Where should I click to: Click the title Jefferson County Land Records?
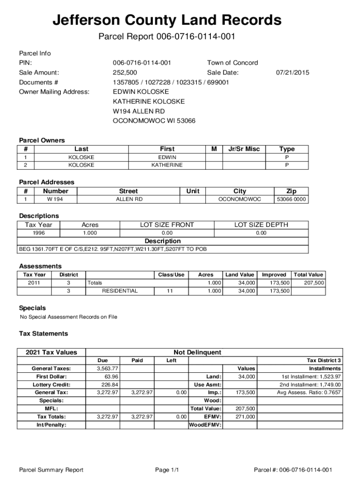tap(167, 21)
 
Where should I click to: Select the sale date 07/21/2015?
tap(293, 73)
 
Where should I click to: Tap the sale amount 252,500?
tap(125, 73)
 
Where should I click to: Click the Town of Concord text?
tap(232, 63)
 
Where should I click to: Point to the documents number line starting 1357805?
tap(171, 82)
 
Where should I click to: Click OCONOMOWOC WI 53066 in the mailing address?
tap(154, 121)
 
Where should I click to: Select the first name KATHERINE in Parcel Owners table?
tap(167, 165)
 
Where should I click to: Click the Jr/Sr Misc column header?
tap(244, 149)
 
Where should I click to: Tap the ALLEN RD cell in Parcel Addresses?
tap(129, 199)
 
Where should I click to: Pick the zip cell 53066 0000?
tap(291, 199)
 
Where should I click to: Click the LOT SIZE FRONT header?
tap(167, 225)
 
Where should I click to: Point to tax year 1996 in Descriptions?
tap(38, 233)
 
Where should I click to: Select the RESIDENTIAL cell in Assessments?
tap(120, 291)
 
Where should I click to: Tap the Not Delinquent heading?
tap(197, 352)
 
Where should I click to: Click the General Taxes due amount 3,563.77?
tap(107, 369)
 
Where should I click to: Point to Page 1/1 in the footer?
tap(167, 470)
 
